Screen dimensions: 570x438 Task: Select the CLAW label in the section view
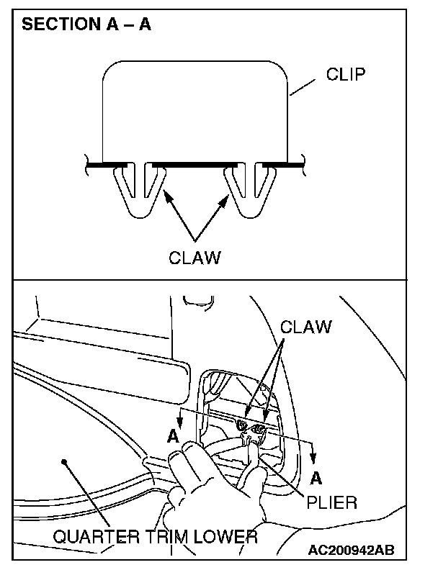click(x=195, y=257)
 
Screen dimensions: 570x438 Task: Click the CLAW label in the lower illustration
click(x=306, y=327)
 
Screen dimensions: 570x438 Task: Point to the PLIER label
click(x=331, y=502)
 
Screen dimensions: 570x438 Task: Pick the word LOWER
click(x=231, y=536)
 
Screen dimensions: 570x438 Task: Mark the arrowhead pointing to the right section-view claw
click(x=225, y=196)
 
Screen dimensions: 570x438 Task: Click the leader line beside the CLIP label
click(x=303, y=87)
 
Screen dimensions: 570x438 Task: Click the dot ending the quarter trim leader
click(x=64, y=461)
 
